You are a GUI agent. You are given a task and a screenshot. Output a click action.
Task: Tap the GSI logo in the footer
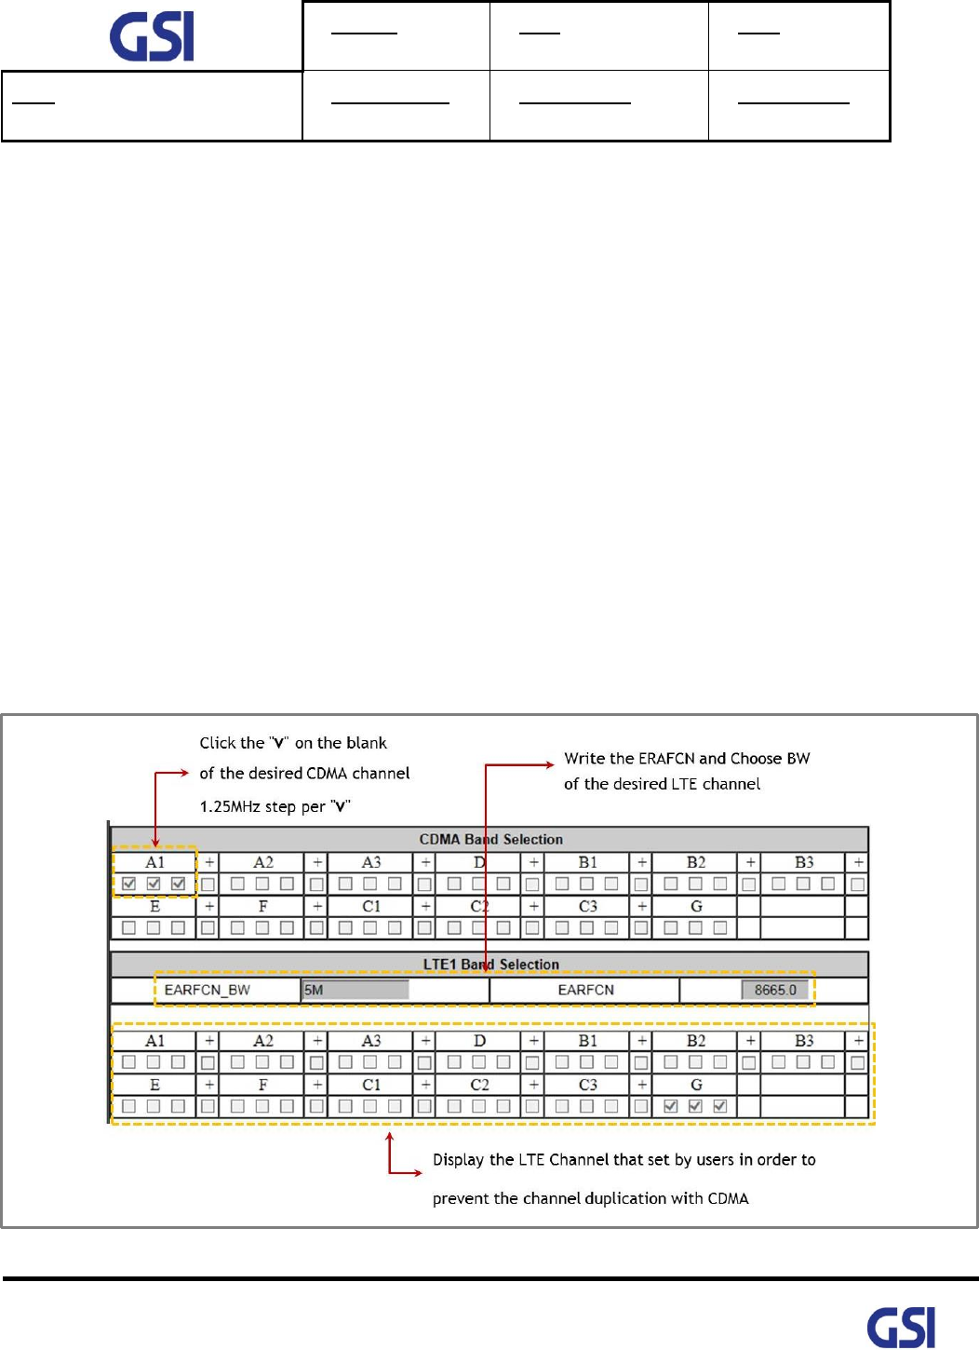[901, 1327]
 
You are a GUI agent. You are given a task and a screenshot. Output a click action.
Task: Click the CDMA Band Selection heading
[490, 839]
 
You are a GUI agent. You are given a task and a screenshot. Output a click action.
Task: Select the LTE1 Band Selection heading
[490, 965]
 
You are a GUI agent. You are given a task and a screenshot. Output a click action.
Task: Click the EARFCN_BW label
[207, 990]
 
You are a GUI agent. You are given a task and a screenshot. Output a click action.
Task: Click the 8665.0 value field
[774, 990]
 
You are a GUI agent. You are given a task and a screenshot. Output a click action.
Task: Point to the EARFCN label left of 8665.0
[585, 990]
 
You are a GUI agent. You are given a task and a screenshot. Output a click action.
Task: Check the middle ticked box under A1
[154, 884]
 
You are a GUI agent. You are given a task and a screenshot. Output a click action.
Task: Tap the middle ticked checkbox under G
[695, 1106]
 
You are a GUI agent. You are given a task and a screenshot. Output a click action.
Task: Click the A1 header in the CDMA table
[154, 862]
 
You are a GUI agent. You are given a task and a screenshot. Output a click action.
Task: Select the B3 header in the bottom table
[804, 1041]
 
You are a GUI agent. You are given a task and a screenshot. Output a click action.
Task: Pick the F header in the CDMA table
[262, 906]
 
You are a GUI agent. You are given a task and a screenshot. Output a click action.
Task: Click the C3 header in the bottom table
[587, 1085]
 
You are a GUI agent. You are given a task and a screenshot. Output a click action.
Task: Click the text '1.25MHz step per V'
[275, 806]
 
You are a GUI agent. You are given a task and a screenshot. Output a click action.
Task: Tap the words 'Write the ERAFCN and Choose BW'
[687, 758]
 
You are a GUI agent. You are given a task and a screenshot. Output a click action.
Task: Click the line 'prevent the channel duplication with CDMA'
[590, 1198]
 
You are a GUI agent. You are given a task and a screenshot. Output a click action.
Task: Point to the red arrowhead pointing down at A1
[154, 842]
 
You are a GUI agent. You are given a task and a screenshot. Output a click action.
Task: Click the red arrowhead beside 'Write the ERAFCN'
[550, 764]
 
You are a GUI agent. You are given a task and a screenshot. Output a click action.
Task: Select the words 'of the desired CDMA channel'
[304, 773]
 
